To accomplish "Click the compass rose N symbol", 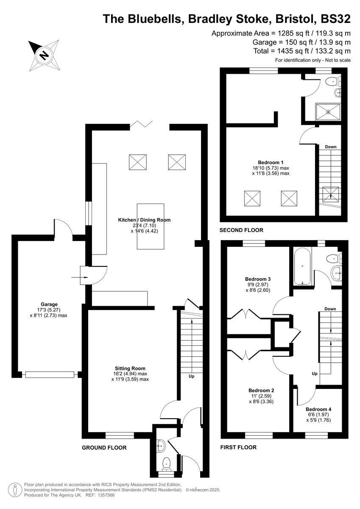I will [x=43, y=55].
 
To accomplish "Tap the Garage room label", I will [x=49, y=304].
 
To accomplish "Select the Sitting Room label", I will [x=130, y=368].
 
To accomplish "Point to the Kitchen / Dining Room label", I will [x=144, y=220].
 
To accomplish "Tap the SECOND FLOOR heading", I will [x=241, y=230].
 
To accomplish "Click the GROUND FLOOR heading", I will [x=104, y=447].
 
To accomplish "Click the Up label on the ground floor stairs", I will [x=191, y=376].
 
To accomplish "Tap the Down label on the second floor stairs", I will [x=331, y=147].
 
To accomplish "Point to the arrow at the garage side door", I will [x=78, y=277].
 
